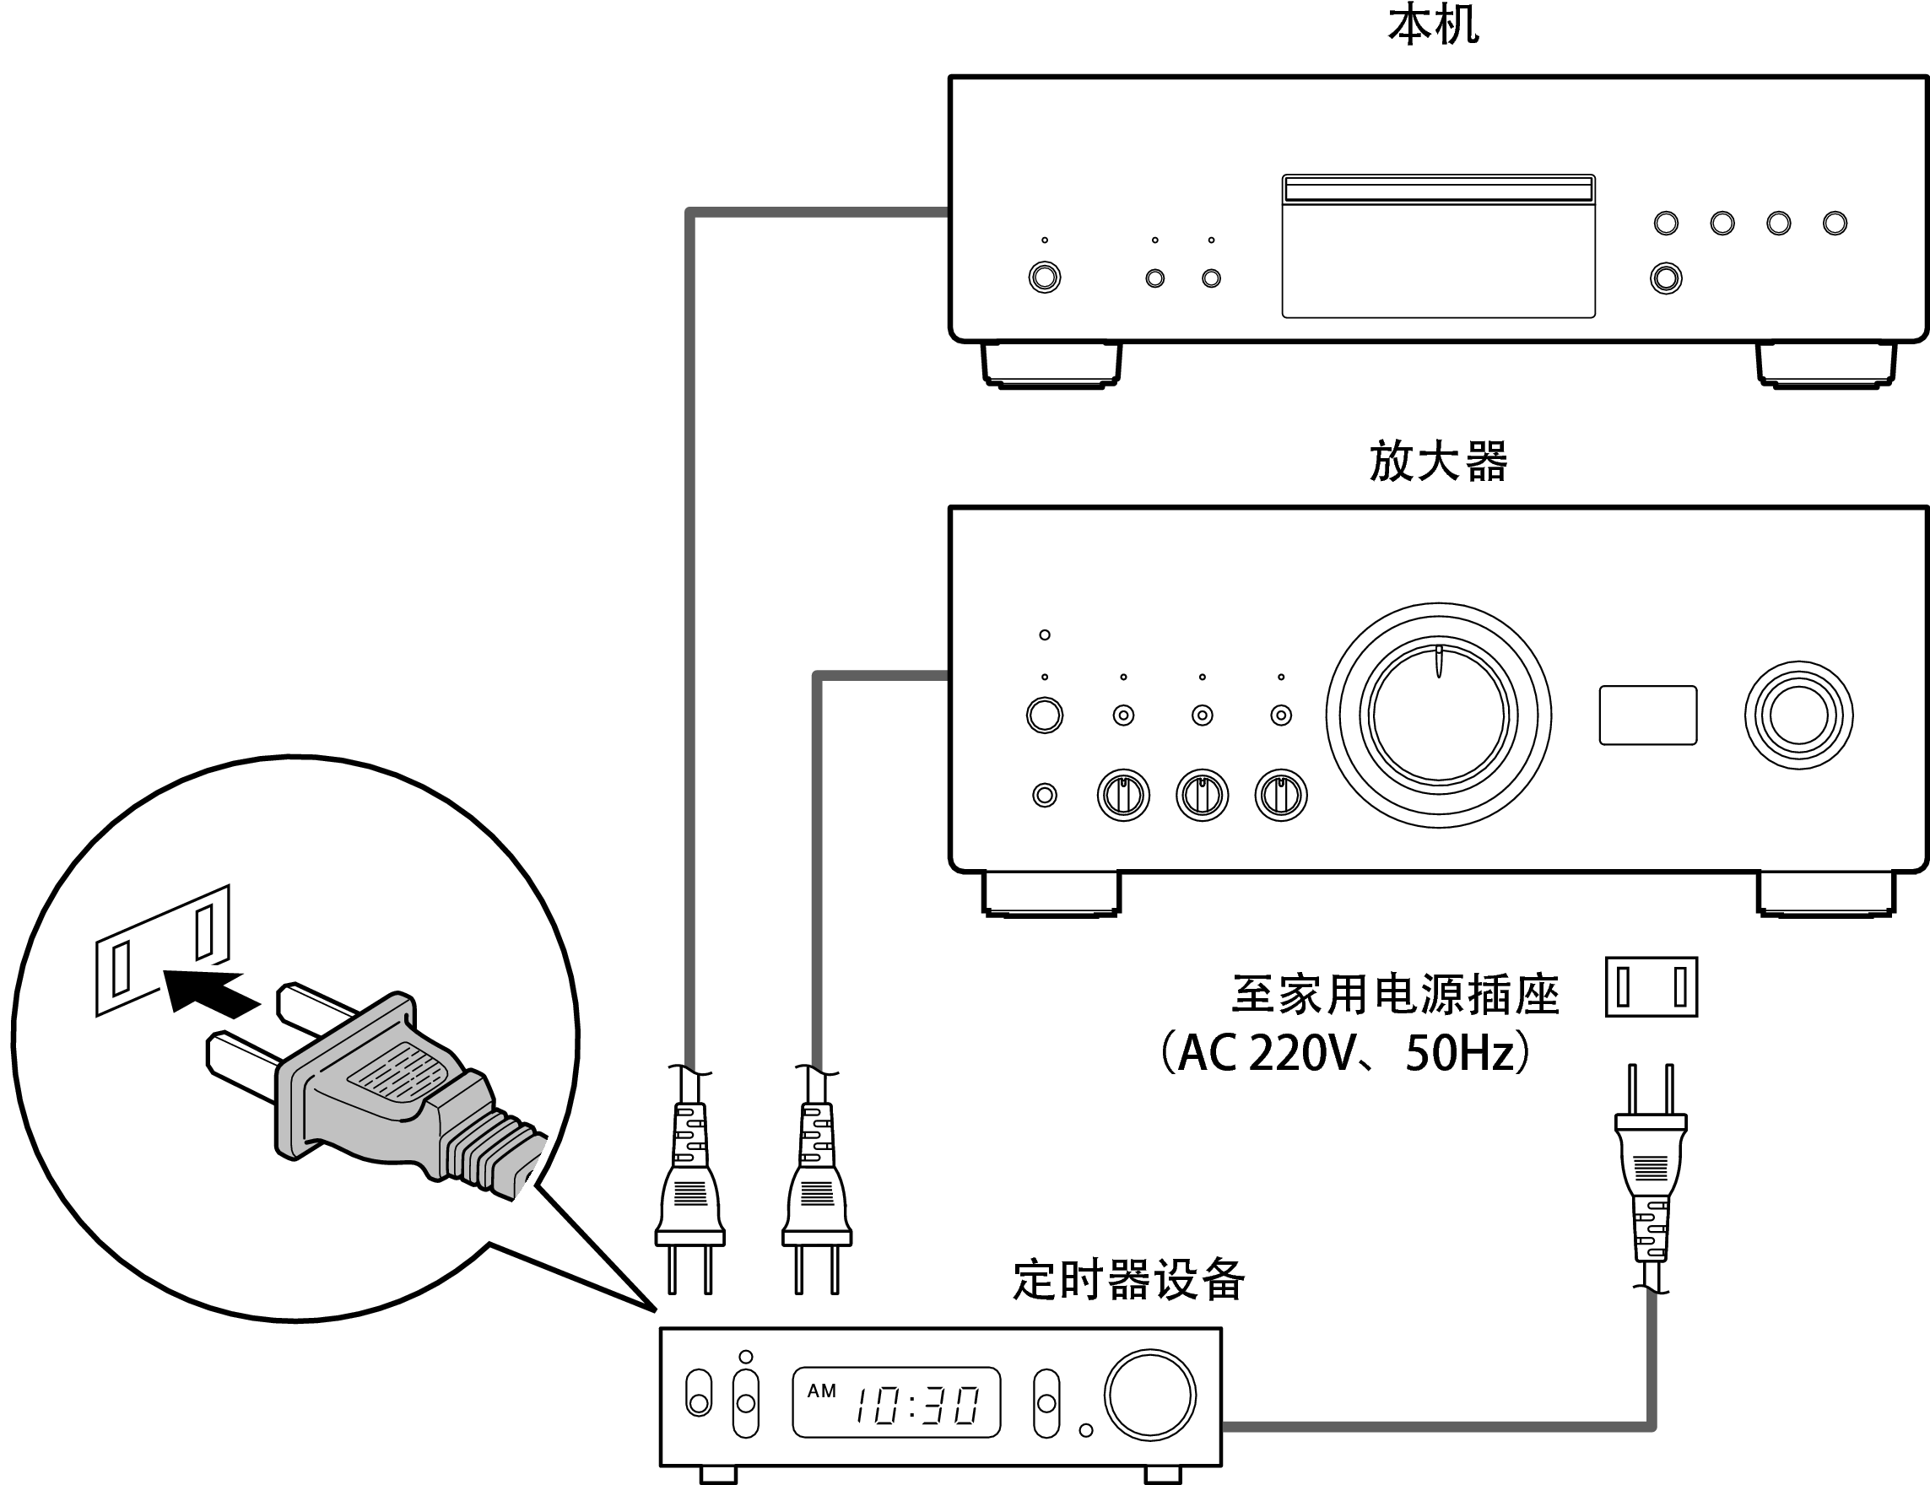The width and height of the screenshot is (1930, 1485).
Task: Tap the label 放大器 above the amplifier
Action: [x=1438, y=462]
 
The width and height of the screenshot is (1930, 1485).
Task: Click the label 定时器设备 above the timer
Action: [x=1128, y=1280]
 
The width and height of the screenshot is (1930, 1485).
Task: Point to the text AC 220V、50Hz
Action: [x=1346, y=1053]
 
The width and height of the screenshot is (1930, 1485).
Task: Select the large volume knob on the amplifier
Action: [x=1438, y=715]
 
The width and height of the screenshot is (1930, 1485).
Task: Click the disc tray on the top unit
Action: [x=1438, y=246]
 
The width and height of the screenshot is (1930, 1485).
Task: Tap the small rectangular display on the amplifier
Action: [x=1647, y=715]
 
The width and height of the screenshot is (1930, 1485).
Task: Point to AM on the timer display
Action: [x=821, y=1390]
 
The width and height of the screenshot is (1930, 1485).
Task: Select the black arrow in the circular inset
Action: [x=210, y=994]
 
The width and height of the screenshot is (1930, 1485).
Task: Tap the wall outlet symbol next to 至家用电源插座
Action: [x=1651, y=986]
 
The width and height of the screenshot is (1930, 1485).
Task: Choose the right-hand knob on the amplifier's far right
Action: [x=1798, y=715]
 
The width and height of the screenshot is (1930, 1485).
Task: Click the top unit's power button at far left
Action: [x=1045, y=278]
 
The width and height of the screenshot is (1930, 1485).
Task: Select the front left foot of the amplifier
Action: [x=1051, y=894]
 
